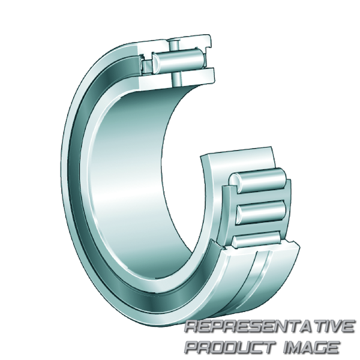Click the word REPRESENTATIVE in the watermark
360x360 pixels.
tap(269, 326)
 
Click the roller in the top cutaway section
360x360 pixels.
tap(178, 61)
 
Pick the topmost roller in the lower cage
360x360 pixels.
tap(258, 180)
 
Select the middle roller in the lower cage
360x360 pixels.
tap(260, 213)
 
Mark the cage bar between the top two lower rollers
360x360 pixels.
tap(260, 197)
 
